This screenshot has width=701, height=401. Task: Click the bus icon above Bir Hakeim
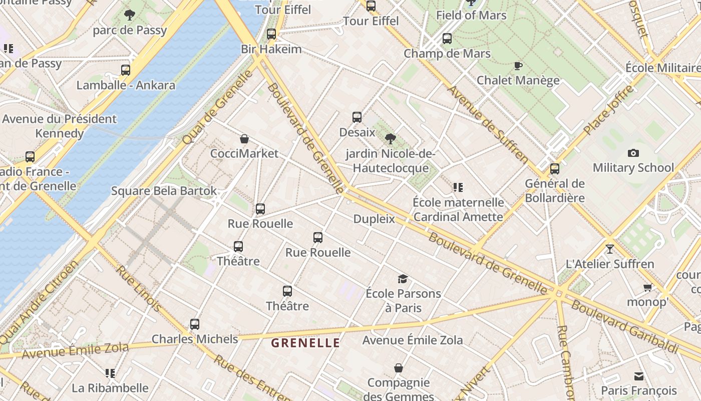click(271, 35)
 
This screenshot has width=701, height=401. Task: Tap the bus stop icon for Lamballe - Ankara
click(126, 70)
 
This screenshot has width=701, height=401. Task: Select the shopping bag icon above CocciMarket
click(244, 139)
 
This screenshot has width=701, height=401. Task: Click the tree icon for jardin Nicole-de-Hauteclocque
click(391, 139)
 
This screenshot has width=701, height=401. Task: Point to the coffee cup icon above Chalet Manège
click(518, 66)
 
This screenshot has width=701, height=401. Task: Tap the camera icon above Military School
click(633, 153)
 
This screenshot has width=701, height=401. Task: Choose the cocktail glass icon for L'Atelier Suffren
click(609, 249)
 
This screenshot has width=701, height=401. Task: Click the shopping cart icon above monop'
click(647, 288)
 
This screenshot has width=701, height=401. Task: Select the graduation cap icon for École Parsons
click(403, 279)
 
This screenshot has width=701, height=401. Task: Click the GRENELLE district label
click(305, 343)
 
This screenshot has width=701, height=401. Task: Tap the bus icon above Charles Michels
click(195, 324)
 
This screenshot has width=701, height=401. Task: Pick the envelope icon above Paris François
click(638, 376)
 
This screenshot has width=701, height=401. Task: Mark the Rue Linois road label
click(139, 288)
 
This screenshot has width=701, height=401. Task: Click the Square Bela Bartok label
click(164, 191)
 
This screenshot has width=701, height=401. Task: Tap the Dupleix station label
click(374, 219)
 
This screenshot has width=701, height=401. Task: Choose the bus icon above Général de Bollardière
click(554, 169)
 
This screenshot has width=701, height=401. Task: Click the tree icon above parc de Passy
click(130, 15)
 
